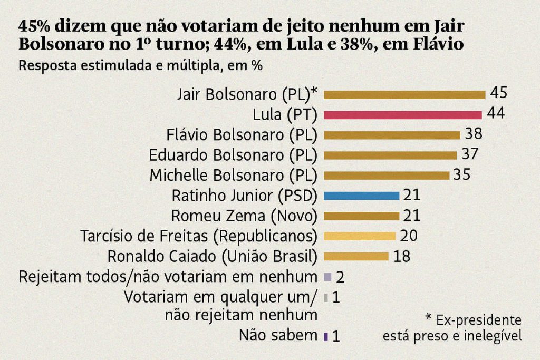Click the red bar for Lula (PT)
click(x=402, y=115)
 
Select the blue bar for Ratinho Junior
click(x=361, y=196)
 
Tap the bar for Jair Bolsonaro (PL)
click(x=404, y=95)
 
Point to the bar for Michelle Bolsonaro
click(x=387, y=176)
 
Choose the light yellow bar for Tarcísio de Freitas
click(x=359, y=236)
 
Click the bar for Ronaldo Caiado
click(x=356, y=257)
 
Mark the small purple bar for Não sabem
click(x=326, y=336)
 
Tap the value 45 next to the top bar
click(x=498, y=93)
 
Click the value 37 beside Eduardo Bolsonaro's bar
click(x=469, y=154)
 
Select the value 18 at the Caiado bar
click(x=401, y=256)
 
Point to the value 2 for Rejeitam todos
click(x=340, y=277)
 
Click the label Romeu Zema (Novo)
click(x=244, y=216)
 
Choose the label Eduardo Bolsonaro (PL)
click(x=233, y=155)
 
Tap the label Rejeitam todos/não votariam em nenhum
click(x=168, y=277)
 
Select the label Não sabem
click(x=278, y=335)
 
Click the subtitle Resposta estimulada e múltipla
click(x=141, y=66)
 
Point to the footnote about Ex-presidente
click(x=452, y=327)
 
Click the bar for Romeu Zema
click(x=361, y=216)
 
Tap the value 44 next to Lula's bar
click(x=496, y=114)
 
